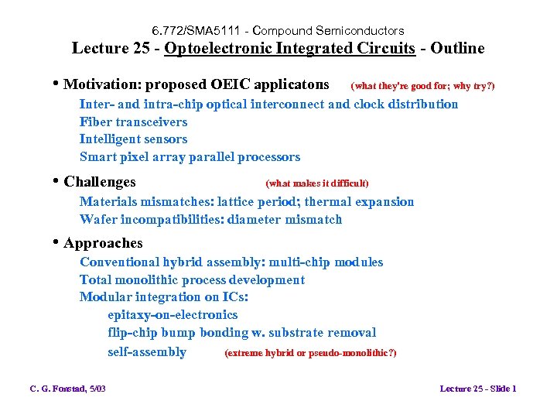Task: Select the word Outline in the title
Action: pos(458,49)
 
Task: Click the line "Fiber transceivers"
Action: pos(133,122)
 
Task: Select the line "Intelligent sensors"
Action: pos(133,139)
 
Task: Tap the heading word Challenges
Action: pos(99,183)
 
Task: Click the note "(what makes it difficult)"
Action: pos(316,183)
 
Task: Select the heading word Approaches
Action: pos(103,243)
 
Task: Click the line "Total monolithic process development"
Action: pos(192,280)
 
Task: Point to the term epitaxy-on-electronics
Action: pos(173,315)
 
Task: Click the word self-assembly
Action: pos(147,352)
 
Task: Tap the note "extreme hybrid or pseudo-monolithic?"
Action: pos(310,353)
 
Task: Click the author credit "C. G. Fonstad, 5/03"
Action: pos(67,389)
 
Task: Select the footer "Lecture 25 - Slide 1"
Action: pos(477,389)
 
